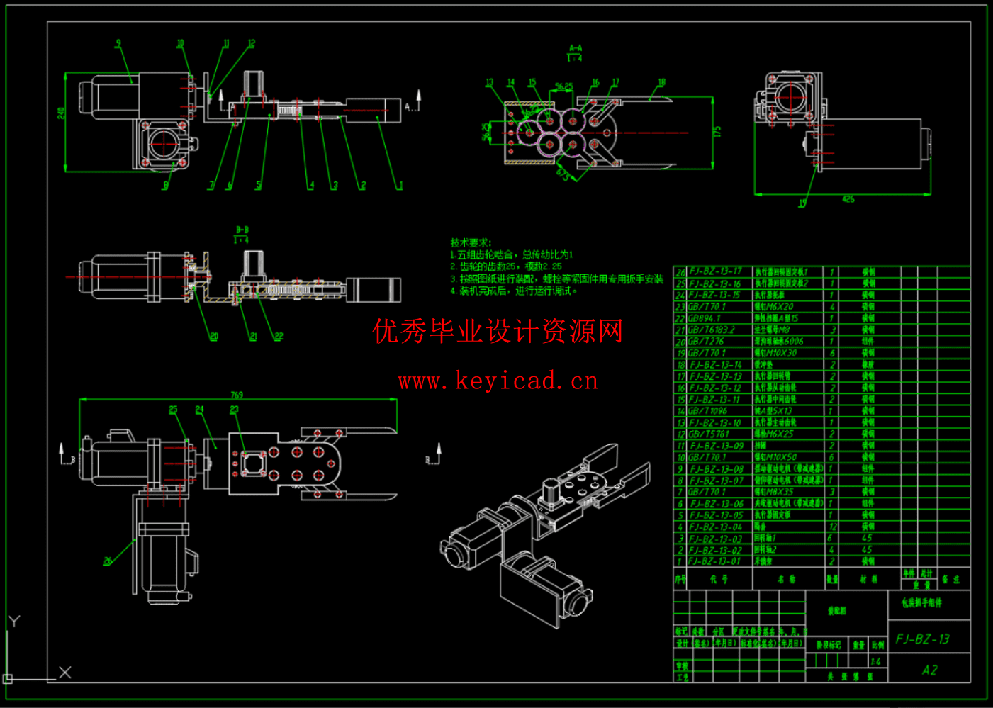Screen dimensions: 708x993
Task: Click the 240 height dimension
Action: [61, 113]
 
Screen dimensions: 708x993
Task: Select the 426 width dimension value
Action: [848, 199]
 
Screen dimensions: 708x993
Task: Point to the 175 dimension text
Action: [717, 133]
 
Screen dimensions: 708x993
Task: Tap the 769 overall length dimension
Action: [237, 395]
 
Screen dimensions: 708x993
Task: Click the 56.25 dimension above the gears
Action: [563, 87]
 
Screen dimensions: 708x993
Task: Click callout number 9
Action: [118, 43]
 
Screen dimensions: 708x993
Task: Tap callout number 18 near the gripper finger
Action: [661, 82]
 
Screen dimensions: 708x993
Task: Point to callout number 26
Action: [108, 561]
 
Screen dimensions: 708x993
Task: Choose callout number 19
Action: [802, 203]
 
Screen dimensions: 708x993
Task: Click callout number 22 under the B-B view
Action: [279, 337]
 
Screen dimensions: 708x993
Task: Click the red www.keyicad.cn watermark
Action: [498, 381]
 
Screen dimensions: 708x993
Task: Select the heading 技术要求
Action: [471, 242]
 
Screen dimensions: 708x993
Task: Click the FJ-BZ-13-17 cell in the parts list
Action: [715, 271]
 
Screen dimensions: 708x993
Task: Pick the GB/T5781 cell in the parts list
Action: [708, 434]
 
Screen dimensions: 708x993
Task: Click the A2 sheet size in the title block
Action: [929, 670]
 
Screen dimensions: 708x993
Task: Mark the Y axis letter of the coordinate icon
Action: [14, 622]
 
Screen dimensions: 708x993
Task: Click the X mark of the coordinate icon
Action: [64, 672]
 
